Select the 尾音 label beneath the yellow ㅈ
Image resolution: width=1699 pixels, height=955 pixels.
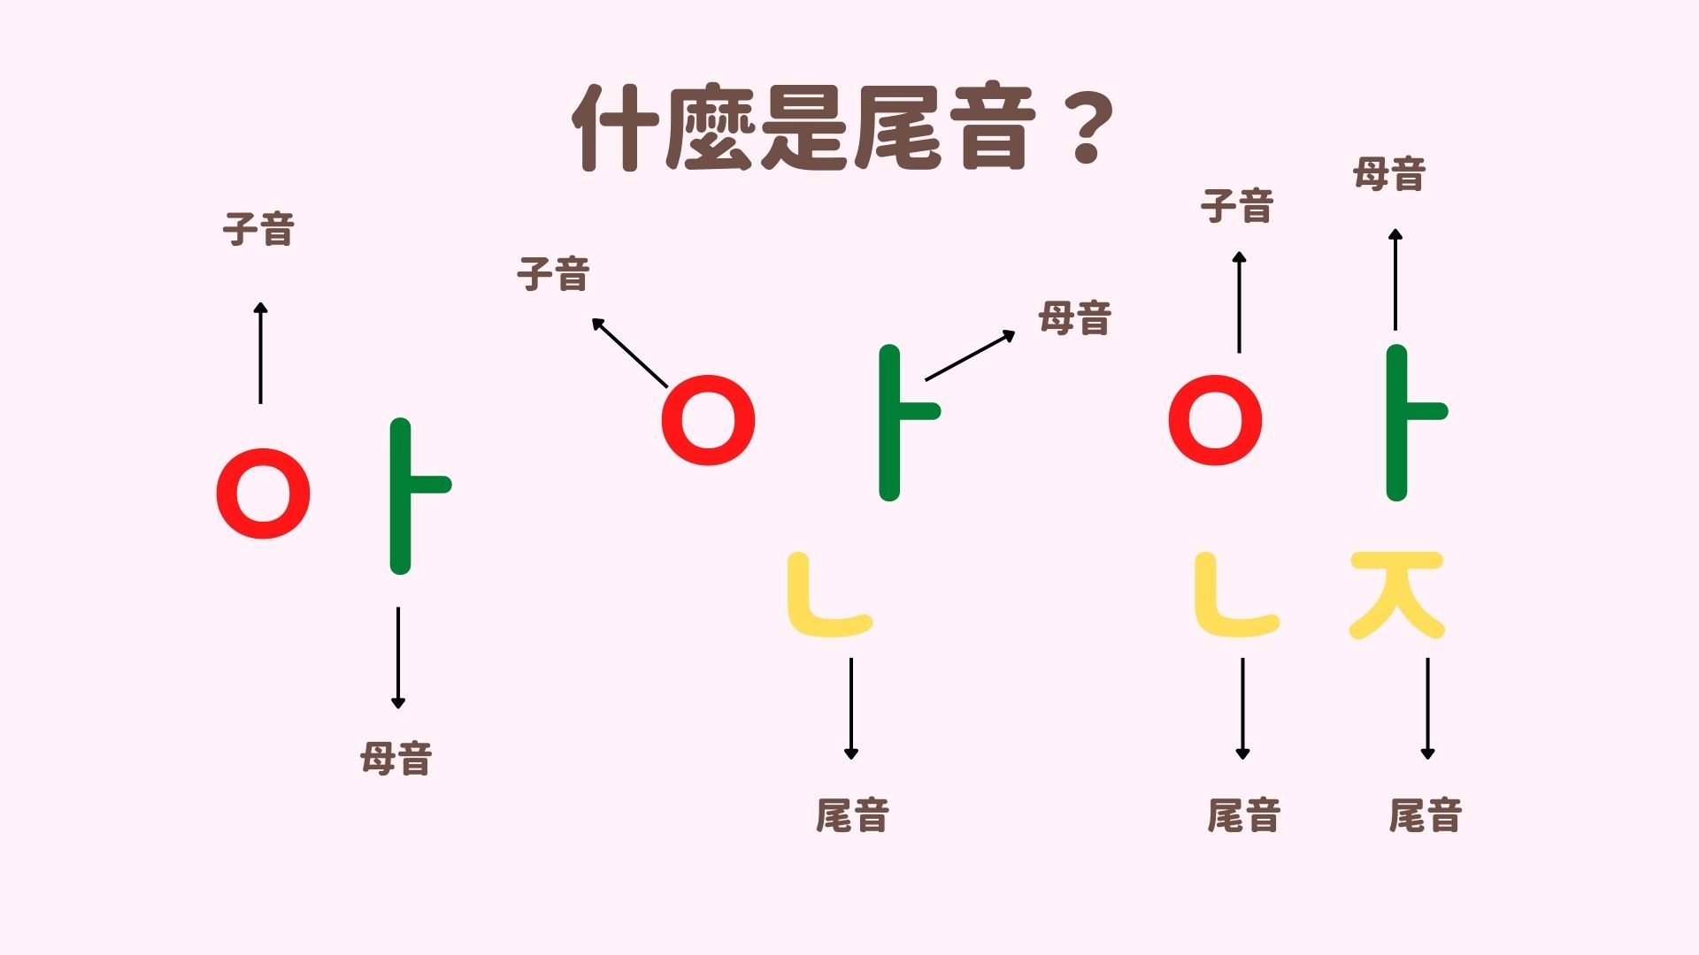tap(1425, 815)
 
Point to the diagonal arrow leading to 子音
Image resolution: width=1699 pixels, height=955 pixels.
tap(630, 353)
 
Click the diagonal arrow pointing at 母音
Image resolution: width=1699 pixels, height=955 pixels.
tap(970, 355)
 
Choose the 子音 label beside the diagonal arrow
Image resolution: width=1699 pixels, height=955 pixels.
tap(554, 274)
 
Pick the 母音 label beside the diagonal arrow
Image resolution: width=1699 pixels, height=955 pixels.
tap(1075, 318)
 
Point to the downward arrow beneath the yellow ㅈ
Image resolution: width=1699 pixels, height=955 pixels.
tap(1427, 708)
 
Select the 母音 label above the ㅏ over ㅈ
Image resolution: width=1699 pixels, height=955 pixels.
tap(1389, 174)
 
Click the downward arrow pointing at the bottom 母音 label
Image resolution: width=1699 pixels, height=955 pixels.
tap(398, 658)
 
